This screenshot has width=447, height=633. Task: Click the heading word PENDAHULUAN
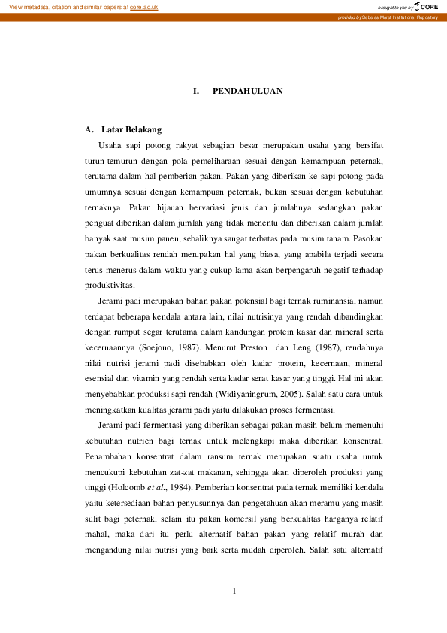[247, 91]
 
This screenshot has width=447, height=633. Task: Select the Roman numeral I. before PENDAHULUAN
[196, 91]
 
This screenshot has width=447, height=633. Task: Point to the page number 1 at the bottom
[234, 591]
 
